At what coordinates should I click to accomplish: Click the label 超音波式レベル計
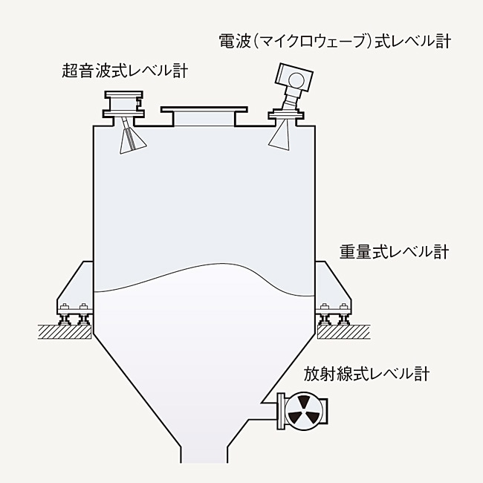tap(125, 71)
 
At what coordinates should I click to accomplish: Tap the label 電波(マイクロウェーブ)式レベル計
tap(335, 41)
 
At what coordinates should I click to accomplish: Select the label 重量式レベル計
tap(395, 253)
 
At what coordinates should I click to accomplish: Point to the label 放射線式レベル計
tap(366, 374)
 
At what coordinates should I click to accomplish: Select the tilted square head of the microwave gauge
tap(294, 77)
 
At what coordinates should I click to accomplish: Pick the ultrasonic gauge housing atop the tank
tap(123, 104)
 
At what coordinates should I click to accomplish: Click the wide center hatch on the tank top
tap(204, 117)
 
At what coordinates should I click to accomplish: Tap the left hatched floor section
tap(65, 331)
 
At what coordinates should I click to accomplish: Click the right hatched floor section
tap(343, 331)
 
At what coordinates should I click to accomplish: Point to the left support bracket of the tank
tap(75, 288)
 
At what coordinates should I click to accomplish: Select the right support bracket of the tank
tap(334, 288)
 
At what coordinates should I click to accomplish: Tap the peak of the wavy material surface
tap(222, 264)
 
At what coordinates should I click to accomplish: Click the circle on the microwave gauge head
tap(296, 80)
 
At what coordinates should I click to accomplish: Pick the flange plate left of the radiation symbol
tap(281, 411)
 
